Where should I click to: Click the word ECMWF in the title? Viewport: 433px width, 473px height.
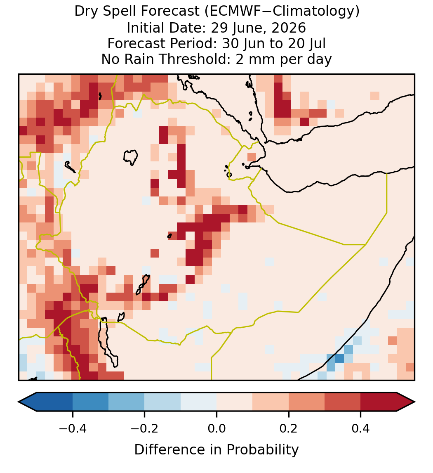(230, 12)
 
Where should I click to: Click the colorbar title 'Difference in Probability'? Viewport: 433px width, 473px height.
(216, 450)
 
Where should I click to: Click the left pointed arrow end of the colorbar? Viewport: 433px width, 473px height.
(28, 402)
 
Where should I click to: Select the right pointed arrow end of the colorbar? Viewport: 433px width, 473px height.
(406, 402)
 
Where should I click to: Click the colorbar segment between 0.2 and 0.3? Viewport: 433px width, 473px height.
(306, 402)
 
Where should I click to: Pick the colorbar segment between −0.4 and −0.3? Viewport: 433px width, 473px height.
(90, 402)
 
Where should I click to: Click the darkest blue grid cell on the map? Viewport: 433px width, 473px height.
(339, 358)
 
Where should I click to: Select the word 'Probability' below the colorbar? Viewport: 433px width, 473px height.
(262, 450)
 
